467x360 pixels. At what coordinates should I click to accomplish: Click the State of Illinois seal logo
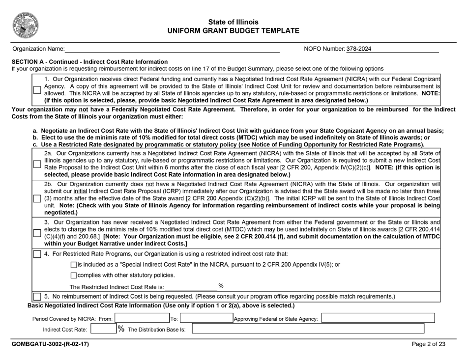[x=26, y=25]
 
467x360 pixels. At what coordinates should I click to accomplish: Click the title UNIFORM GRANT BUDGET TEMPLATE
[x=233, y=31]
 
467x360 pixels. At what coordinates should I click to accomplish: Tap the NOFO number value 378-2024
[x=359, y=49]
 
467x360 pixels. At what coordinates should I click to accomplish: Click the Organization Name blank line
[x=172, y=49]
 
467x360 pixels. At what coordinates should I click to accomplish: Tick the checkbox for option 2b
[x=37, y=198]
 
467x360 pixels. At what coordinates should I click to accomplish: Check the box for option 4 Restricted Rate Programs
[x=37, y=254]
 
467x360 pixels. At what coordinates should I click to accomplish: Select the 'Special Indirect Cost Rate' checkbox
[x=74, y=265]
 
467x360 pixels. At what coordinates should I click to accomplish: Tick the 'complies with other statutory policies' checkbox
[x=74, y=275]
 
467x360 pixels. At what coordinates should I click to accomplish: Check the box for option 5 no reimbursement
[x=37, y=297]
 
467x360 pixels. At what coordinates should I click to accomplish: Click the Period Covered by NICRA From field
[x=142, y=319]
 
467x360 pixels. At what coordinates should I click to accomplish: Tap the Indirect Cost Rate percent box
[x=103, y=329]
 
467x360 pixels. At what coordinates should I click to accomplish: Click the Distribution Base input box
[x=307, y=329]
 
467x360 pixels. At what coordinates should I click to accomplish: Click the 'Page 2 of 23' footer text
[x=429, y=344]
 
